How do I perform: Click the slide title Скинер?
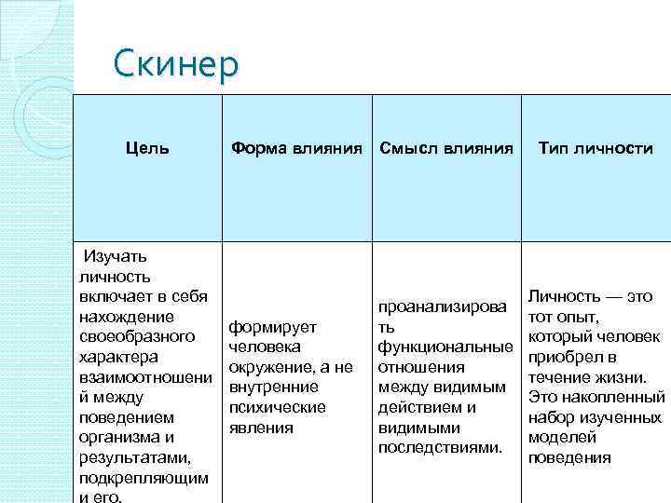coord(175,64)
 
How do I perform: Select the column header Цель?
coord(148,148)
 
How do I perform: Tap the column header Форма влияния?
coord(296,148)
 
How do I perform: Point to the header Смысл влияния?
coord(445,148)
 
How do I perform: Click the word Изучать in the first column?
coord(115,256)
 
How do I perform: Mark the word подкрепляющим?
coord(143,478)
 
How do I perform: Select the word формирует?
coord(273,327)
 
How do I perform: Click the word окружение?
coord(268,367)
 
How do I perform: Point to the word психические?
coord(277,407)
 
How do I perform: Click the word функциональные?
coord(445,347)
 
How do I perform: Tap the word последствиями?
coord(441,447)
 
